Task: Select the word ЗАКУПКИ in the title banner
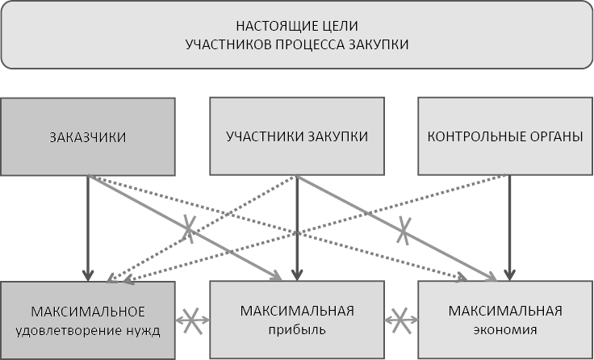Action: coord(379,44)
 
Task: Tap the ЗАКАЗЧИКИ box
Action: coord(87,136)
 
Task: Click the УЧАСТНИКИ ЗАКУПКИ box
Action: coord(297,136)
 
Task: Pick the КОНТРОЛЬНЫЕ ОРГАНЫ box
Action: coord(505,136)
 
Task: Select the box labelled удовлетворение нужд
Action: coord(87,320)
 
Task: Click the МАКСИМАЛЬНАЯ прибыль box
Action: coord(297,320)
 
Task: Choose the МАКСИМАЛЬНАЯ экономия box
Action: coord(505,320)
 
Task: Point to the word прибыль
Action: coord(297,329)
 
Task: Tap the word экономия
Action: coord(505,329)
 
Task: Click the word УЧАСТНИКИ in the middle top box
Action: coord(264,136)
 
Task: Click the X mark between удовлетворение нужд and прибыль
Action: coord(192,319)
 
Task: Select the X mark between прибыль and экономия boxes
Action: coord(401,319)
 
